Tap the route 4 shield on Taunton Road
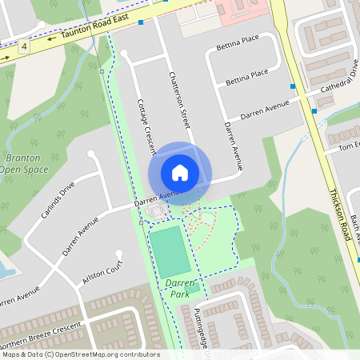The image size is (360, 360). pyautogui.click(x=25, y=46)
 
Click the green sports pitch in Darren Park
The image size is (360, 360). pyautogui.click(x=170, y=250)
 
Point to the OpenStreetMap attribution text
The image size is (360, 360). pyautogui.click(x=81, y=354)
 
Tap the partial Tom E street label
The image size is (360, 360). pyautogui.click(x=350, y=146)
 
